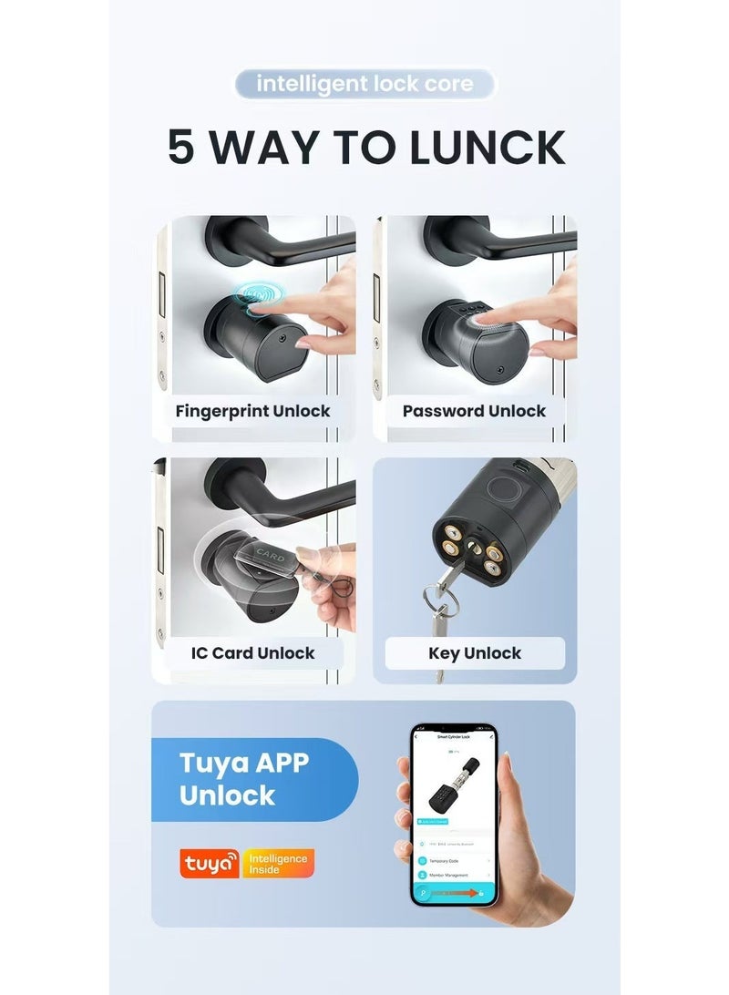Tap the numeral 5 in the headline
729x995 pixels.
pos(181,149)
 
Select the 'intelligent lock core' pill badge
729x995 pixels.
pos(364,85)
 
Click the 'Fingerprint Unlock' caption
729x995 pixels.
pos(252,411)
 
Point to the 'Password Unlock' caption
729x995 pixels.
pos(474,411)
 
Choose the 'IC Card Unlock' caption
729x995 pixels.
pos(252,653)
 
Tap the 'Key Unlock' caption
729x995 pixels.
pos(474,653)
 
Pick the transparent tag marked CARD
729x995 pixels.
pos(269,555)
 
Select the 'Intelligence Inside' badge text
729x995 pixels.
pos(278,863)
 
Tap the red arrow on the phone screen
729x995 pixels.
pos(471,894)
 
